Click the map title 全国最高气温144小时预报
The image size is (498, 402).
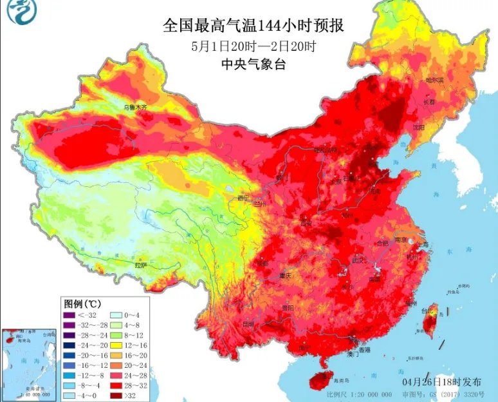point(254,26)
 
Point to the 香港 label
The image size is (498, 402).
point(365,350)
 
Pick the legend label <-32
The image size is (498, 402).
point(86,315)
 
